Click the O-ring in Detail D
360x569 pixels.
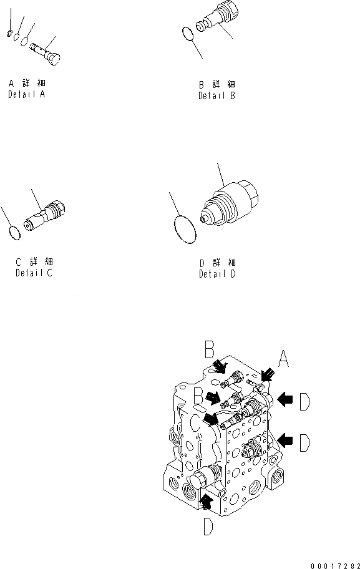pos(175,230)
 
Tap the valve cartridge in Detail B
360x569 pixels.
pos(218,17)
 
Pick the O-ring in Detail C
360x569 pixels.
pos(14,233)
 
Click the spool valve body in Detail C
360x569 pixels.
pos(45,216)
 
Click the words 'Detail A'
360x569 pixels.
pos(26,94)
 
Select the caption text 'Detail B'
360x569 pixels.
pos(217,96)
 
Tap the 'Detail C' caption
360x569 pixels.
pos(34,273)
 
